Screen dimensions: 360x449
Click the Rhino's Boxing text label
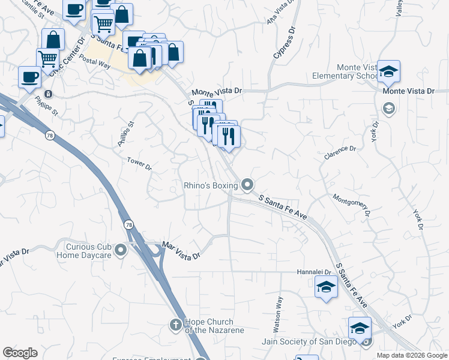click(210, 186)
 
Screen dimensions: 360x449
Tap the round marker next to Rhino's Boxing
click(247, 185)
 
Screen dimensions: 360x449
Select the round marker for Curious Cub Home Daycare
click(121, 250)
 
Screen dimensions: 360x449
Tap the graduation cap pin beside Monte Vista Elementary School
click(388, 72)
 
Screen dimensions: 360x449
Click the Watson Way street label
click(279, 308)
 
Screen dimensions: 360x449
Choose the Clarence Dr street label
click(340, 152)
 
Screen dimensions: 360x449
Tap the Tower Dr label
click(139, 163)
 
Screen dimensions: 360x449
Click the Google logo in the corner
click(20, 353)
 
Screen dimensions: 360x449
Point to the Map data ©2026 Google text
click(412, 355)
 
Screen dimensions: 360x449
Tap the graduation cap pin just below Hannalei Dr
click(326, 288)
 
